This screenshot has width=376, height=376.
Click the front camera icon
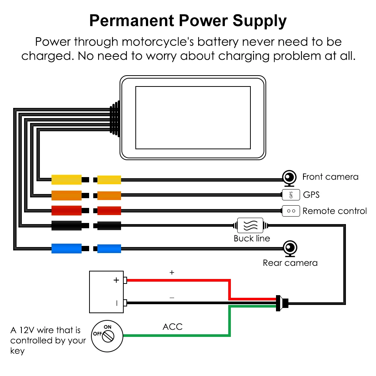pyautogui.click(x=289, y=178)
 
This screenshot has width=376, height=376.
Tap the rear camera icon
pyautogui.click(x=290, y=249)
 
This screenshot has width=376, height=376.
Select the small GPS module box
pyautogui.click(x=291, y=194)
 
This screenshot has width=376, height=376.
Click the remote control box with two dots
pyautogui.click(x=291, y=211)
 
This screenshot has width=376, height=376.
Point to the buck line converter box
pyautogui.click(x=250, y=225)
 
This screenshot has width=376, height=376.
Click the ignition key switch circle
pyautogui.click(x=107, y=336)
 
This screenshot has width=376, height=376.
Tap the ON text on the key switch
pyautogui.click(x=108, y=327)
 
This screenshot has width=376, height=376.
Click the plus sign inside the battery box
pyautogui.click(x=116, y=280)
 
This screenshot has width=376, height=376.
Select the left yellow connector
pyautogui.click(x=67, y=180)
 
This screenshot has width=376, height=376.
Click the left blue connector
pyautogui.click(x=67, y=249)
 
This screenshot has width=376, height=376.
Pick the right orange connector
pyautogui.click(x=109, y=196)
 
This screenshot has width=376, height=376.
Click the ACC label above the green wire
pyautogui.click(x=173, y=327)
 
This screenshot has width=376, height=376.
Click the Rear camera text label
pyautogui.click(x=290, y=263)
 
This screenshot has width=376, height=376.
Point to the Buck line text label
pyautogui.click(x=252, y=238)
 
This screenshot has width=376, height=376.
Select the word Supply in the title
pyautogui.click(x=259, y=21)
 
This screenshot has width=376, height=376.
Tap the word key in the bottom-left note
pyautogui.click(x=18, y=351)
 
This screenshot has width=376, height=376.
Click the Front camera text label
pyautogui.click(x=330, y=177)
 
